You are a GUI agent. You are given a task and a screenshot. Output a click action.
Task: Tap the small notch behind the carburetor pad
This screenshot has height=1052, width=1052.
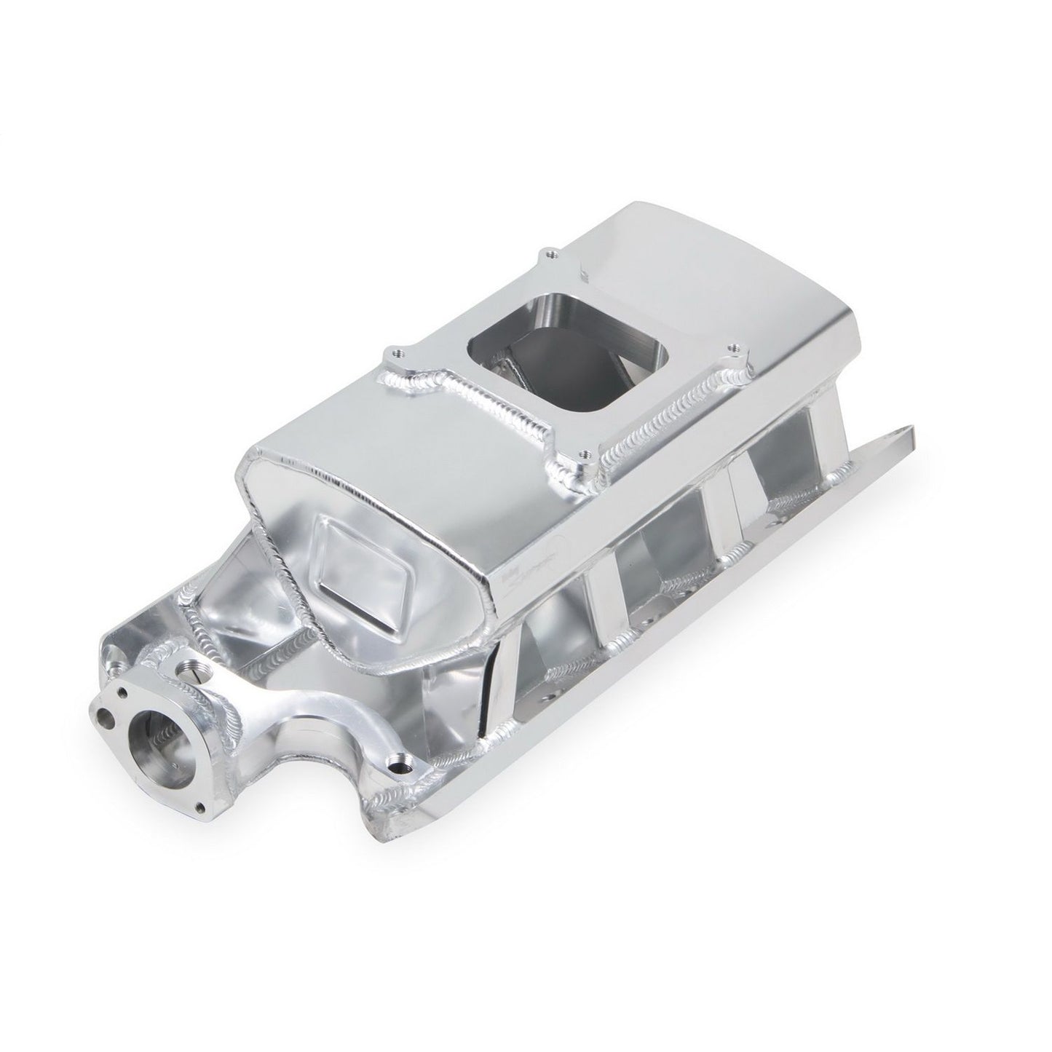(x=585, y=277)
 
